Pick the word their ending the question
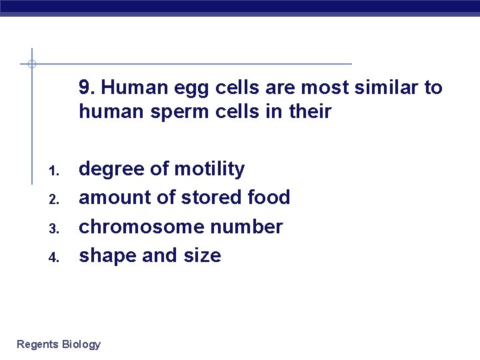pos(310,111)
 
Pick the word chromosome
pos(138,227)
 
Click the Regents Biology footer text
pos(59,345)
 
